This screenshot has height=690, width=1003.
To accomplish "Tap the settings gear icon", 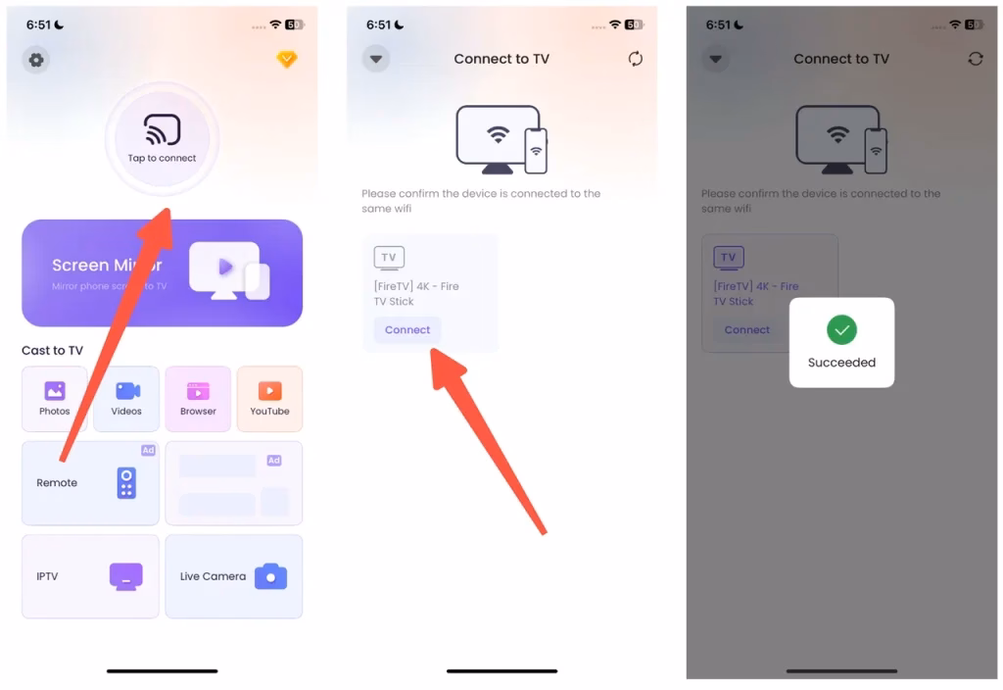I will (36, 60).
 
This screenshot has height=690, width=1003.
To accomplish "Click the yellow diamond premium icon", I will (286, 60).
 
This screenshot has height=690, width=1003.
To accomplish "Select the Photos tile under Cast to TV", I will (55, 398).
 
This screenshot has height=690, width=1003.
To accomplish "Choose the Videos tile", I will (126, 398).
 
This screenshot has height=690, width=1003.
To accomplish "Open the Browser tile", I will (198, 398).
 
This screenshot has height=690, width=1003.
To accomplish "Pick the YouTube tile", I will (269, 398).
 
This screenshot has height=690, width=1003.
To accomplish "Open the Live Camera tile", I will (233, 576).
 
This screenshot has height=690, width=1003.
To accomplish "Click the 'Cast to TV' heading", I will (52, 350).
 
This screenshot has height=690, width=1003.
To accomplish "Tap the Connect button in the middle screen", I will (407, 329).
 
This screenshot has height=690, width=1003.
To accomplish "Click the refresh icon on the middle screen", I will (636, 59).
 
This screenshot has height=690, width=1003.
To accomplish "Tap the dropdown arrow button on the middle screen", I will (376, 59).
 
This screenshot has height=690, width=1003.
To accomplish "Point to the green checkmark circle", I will (841, 330).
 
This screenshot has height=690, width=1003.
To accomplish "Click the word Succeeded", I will (841, 363).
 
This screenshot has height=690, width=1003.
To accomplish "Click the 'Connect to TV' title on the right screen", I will (841, 59).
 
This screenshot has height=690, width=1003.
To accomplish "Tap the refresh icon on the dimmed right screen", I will (975, 59).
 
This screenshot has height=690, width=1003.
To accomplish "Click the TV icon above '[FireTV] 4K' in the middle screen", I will (389, 258).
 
